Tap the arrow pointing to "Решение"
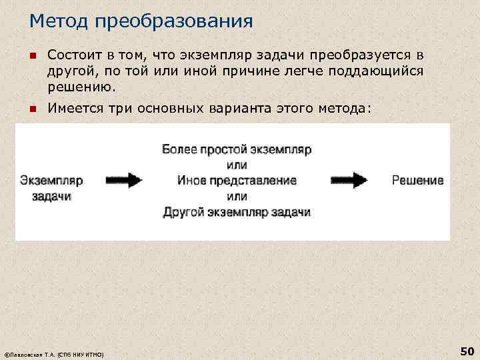click(349, 180)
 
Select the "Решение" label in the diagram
click(417, 181)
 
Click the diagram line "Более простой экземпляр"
click(237, 149)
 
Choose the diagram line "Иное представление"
click(237, 181)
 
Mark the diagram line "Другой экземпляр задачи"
click(237, 212)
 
